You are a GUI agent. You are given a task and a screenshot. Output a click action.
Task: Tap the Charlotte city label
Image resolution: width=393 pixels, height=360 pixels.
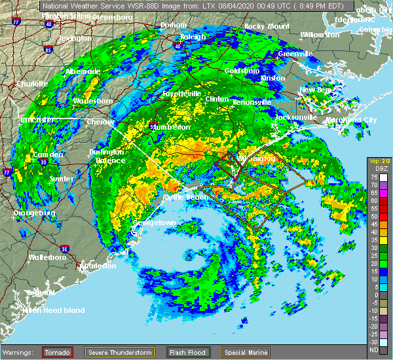coord(32,84)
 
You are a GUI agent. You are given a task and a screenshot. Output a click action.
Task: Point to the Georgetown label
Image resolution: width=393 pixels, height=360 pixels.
coord(155,223)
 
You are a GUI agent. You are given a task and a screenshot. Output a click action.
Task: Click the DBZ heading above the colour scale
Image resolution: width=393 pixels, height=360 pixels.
coord(380,170)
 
